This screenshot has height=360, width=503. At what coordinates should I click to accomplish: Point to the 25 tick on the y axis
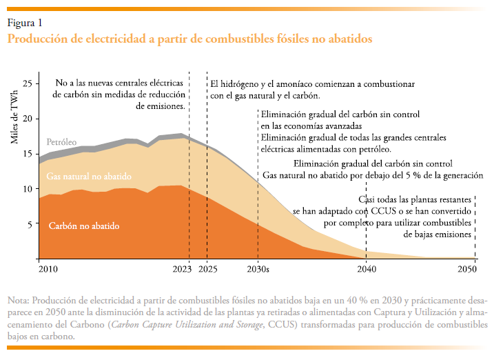pos(28,83)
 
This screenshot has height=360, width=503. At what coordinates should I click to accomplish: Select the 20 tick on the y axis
pos(28,119)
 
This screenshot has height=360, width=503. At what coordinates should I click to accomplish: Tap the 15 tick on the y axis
pos(28,154)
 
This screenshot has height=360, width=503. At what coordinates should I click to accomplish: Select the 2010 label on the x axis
pos(48,269)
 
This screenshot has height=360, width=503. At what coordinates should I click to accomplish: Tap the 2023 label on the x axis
pos(181,269)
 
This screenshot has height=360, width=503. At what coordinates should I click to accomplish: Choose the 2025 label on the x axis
pos(207,269)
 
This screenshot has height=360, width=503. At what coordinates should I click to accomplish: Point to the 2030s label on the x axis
pos(258,269)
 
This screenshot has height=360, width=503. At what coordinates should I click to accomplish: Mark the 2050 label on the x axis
pos(467,269)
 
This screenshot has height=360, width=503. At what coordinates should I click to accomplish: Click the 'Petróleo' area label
pos(61,142)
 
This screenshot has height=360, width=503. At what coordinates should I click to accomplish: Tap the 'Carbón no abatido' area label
pos(84,226)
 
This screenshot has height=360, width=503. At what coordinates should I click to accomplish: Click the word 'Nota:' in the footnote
pos(19,301)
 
